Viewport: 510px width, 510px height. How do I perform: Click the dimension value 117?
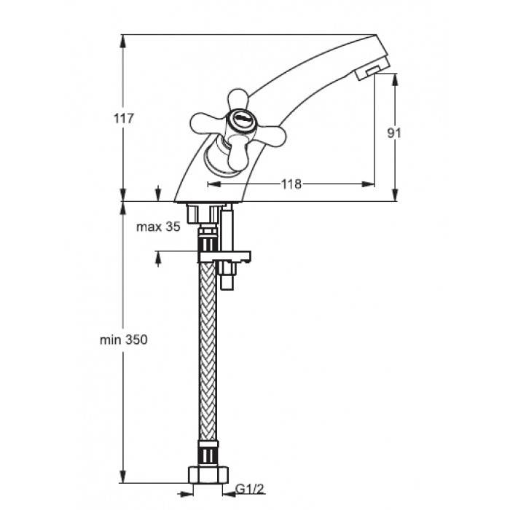pos(124,118)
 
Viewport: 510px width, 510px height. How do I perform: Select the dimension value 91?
pos(394,133)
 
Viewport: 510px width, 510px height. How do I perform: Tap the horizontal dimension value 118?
pos(291,184)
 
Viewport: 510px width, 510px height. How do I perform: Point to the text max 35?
pos(158,227)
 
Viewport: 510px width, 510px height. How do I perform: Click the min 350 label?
pos(124,340)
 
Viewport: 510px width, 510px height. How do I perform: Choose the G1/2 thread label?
pos(250,489)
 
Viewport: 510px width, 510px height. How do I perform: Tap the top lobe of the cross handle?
pos(238,99)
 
